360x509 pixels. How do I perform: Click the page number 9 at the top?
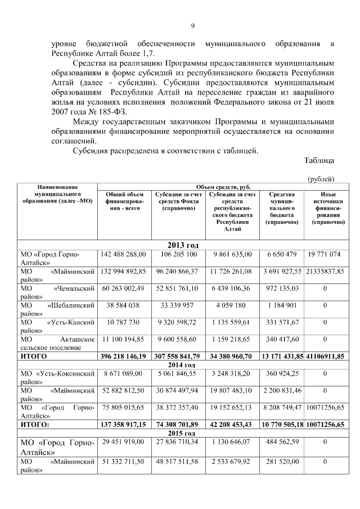[192, 26]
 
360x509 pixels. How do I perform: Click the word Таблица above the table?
[319, 160]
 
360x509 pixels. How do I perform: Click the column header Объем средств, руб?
[223, 187]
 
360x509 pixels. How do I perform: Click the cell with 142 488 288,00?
[123, 255]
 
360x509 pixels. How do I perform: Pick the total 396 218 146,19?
[123, 357]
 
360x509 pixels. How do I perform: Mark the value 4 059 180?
[228, 307]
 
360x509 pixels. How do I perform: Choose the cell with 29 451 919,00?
[123, 443]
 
